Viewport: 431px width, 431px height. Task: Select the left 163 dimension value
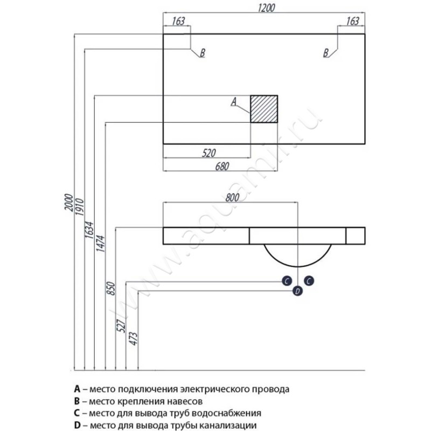(x=179, y=22)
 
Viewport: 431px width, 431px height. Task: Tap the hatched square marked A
(x=264, y=109)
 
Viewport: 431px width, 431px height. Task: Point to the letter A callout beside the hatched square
(x=233, y=101)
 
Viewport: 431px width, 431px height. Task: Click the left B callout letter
(x=202, y=53)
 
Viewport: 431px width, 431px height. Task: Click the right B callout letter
(x=326, y=53)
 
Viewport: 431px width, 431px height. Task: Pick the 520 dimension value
(x=210, y=153)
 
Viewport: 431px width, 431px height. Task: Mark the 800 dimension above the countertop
(x=231, y=197)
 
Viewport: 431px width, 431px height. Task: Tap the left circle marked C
(x=287, y=281)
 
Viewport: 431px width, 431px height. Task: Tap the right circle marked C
(x=309, y=281)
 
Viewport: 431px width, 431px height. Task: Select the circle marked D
(x=297, y=291)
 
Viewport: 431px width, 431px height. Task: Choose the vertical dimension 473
(x=134, y=338)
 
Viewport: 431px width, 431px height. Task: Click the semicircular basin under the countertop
(x=297, y=253)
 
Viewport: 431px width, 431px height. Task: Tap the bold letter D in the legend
(x=78, y=426)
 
